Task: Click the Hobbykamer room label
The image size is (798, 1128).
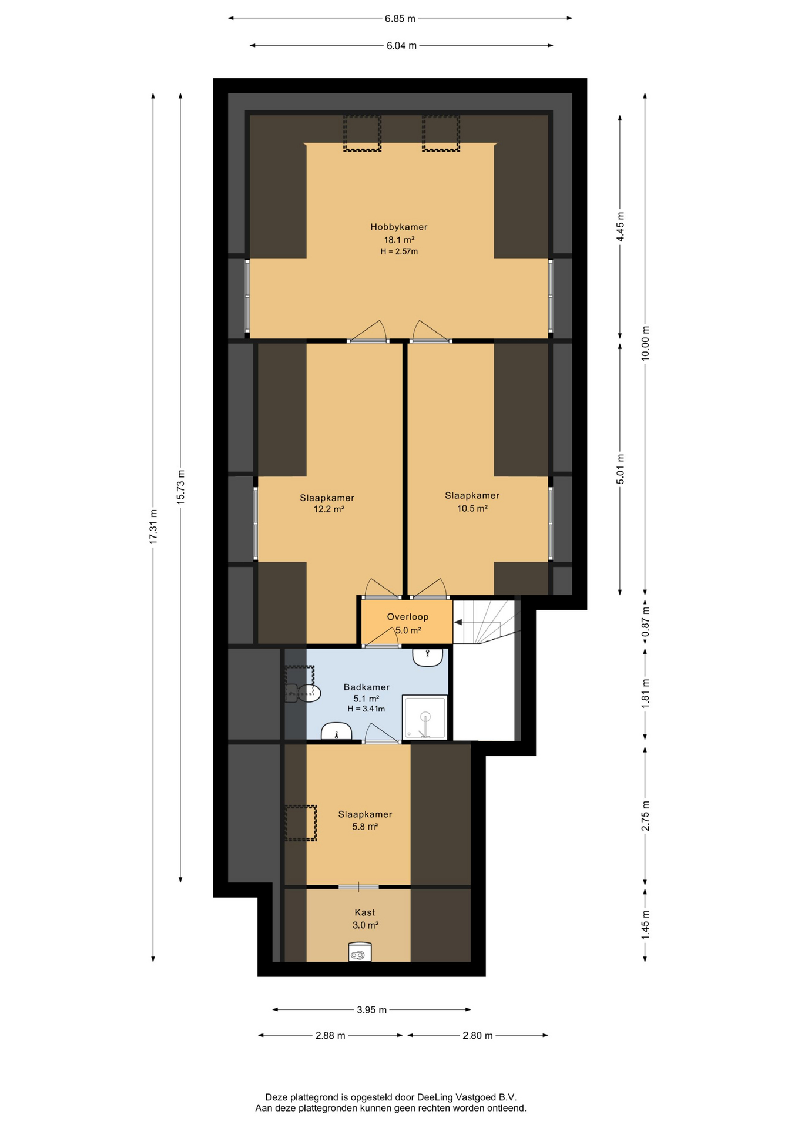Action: click(x=398, y=227)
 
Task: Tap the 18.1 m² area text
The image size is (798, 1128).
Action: click(x=399, y=240)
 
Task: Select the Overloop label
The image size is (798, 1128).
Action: click(x=407, y=617)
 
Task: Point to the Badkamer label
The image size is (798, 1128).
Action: click(x=367, y=687)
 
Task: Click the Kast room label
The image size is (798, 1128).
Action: click(x=364, y=912)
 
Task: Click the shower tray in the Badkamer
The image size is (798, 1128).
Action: click(x=425, y=717)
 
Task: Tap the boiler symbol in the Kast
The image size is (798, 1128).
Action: click(x=360, y=952)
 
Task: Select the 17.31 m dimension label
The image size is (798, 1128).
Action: click(x=153, y=526)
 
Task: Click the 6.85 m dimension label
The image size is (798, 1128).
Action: click(x=400, y=19)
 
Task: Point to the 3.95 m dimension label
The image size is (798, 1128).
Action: click(x=372, y=1010)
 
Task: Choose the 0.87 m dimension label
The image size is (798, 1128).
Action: click(x=645, y=624)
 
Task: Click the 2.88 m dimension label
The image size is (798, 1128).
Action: click(x=330, y=1035)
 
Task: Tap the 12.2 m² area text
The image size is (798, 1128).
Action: click(x=329, y=509)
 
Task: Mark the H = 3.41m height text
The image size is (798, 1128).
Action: click(x=366, y=709)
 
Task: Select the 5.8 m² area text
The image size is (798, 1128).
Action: click(x=365, y=827)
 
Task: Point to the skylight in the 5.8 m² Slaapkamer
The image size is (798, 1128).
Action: click(x=301, y=822)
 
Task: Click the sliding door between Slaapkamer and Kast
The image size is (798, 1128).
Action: click(x=358, y=887)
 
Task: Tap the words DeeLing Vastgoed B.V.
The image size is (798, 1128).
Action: click(x=467, y=1097)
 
